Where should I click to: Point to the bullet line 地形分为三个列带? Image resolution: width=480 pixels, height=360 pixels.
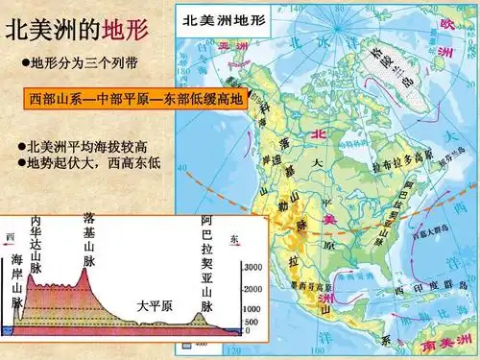pos(84,62)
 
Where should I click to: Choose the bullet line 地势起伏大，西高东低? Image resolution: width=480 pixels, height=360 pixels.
pos(89,164)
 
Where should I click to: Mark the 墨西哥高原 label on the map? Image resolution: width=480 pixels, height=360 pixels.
pos(304,285)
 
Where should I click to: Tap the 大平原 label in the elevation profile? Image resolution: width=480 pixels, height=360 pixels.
pos(154,305)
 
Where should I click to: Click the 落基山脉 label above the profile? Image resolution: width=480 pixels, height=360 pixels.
pos(88,241)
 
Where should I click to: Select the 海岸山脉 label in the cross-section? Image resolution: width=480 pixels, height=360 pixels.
pos(17,279)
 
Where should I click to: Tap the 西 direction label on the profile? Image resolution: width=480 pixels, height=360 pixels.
pos(11,237)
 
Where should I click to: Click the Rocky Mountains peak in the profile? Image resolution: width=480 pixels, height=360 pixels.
pos(85,270)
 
